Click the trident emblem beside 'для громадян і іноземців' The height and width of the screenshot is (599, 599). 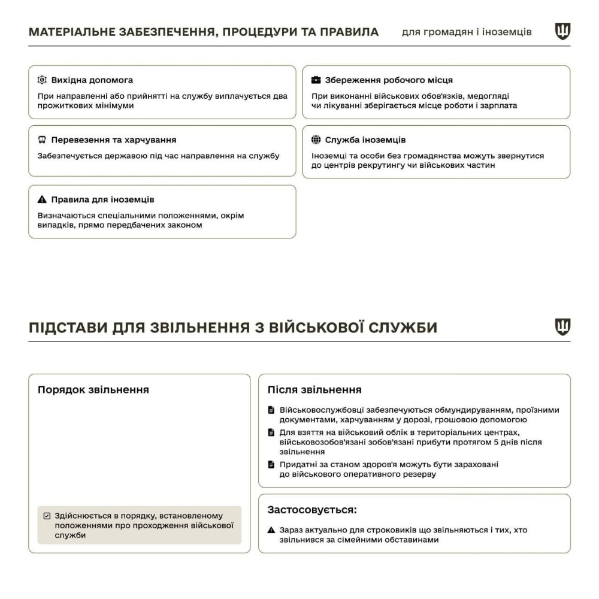pyautogui.click(x=562, y=31)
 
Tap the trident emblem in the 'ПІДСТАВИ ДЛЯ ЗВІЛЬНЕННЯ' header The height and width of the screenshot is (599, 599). pyautogui.click(x=562, y=327)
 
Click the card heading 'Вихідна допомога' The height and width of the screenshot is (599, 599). pyautogui.click(x=92, y=80)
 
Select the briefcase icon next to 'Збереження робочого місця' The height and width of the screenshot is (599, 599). pyautogui.click(x=316, y=80)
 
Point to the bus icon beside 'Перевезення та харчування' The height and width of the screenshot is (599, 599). pyautogui.click(x=41, y=140)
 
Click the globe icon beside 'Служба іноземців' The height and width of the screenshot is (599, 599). pyautogui.click(x=316, y=140)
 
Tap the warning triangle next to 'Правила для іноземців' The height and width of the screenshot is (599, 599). pyautogui.click(x=41, y=199)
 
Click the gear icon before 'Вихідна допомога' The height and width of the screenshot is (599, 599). pyautogui.click(x=41, y=80)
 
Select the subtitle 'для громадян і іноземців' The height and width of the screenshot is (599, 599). pyautogui.click(x=467, y=32)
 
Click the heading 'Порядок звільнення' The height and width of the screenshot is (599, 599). pyautogui.click(x=93, y=389)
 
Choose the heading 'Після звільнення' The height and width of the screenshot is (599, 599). pyautogui.click(x=314, y=389)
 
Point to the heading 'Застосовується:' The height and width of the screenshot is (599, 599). pyautogui.click(x=312, y=510)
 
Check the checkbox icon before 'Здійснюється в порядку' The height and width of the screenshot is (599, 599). pyautogui.click(x=47, y=516)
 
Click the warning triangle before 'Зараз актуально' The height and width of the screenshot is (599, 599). pyautogui.click(x=271, y=530)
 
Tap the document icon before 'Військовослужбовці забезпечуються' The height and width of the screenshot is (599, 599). pyautogui.click(x=271, y=410)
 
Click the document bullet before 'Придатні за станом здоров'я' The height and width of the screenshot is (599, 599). pyautogui.click(x=271, y=464)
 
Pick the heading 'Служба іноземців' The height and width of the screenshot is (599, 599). pyautogui.click(x=365, y=140)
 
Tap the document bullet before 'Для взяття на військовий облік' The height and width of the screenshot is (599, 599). pyautogui.click(x=271, y=432)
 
